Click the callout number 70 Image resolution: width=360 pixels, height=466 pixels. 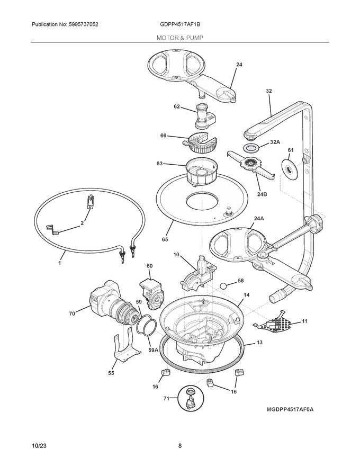73,313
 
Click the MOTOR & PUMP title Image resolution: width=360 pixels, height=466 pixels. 179,38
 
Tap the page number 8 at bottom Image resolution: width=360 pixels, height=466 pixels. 179,446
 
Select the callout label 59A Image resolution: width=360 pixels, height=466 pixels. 153,350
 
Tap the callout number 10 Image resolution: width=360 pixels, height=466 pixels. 176,255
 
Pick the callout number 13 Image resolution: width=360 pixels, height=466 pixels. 259,343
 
